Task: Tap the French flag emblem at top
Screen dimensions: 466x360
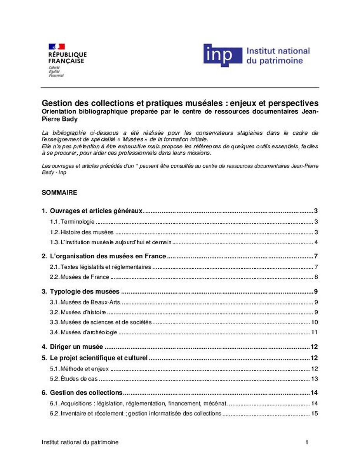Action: [57, 47]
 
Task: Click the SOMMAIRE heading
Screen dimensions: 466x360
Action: [59, 192]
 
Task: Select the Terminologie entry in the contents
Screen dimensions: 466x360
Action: [78, 222]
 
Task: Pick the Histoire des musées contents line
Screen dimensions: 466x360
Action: [87, 232]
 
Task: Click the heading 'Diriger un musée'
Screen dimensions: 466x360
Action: [77, 347]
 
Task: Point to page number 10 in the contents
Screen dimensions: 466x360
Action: [315, 322]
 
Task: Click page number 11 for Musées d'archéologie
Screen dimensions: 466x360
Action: [315, 332]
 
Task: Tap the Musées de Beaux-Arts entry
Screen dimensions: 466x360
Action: [91, 302]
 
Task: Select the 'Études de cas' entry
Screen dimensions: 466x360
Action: [79, 379]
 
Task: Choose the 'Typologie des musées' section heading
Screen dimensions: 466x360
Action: [85, 292]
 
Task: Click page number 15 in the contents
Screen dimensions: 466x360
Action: [315, 413]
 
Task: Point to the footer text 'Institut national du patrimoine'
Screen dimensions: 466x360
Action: [80, 442]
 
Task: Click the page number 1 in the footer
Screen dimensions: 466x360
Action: [307, 442]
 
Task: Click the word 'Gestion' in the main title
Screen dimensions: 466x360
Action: [56, 103]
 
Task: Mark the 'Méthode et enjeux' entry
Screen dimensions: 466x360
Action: [85, 369]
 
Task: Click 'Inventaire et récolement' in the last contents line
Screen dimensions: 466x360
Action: [92, 413]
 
